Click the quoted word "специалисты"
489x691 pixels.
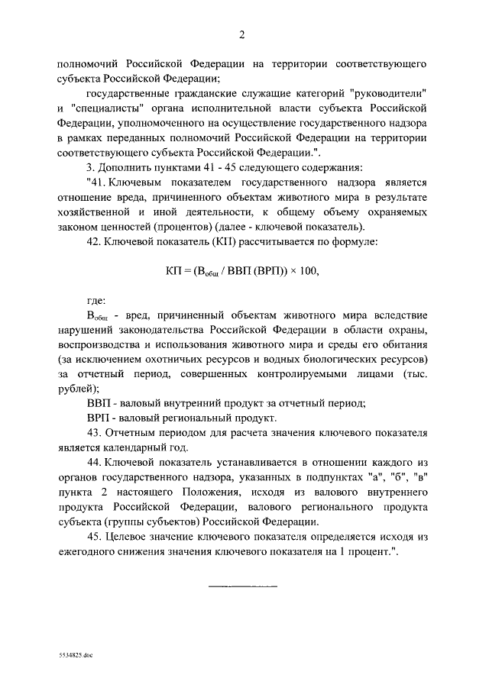(106, 108)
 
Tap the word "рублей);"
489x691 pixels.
(78, 389)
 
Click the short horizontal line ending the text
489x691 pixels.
(242, 586)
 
